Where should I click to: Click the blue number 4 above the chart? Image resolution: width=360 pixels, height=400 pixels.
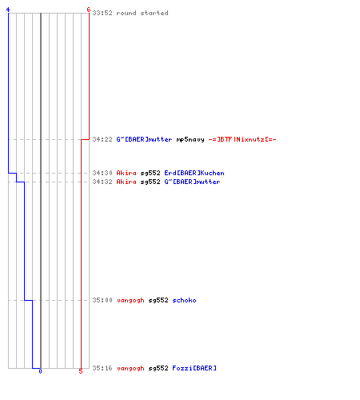(x=8, y=10)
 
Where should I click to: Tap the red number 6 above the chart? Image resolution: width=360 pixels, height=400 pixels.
(x=89, y=10)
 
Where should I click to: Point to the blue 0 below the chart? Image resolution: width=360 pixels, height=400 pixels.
(x=40, y=371)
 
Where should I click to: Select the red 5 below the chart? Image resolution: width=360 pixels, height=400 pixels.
(x=81, y=371)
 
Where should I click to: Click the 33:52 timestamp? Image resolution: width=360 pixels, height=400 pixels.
(x=102, y=13)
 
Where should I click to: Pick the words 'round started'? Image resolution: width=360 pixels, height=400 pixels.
(x=142, y=13)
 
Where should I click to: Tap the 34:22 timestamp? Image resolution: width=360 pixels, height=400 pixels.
(x=102, y=139)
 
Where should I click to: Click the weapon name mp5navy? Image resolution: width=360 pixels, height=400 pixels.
(x=190, y=139)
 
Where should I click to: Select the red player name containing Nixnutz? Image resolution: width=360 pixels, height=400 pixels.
(x=242, y=139)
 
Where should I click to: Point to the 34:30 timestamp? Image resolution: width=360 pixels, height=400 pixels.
(x=102, y=173)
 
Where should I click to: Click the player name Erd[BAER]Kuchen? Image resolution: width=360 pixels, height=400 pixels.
(x=194, y=173)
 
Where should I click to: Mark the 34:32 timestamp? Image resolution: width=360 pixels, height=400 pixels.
(x=102, y=182)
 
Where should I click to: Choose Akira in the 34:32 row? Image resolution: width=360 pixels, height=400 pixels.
(x=126, y=182)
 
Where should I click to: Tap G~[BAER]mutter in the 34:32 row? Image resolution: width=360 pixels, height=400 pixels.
(x=192, y=182)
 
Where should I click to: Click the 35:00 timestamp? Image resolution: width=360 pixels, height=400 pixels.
(x=102, y=300)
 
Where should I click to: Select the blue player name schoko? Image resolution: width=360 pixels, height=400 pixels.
(x=184, y=300)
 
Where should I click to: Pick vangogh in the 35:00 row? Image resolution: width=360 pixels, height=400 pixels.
(x=130, y=301)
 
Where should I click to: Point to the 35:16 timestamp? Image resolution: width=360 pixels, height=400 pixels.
(x=102, y=368)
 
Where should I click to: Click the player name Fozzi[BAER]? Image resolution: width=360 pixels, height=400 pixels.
(x=194, y=368)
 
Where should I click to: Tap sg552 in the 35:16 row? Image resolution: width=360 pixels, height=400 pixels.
(x=158, y=369)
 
